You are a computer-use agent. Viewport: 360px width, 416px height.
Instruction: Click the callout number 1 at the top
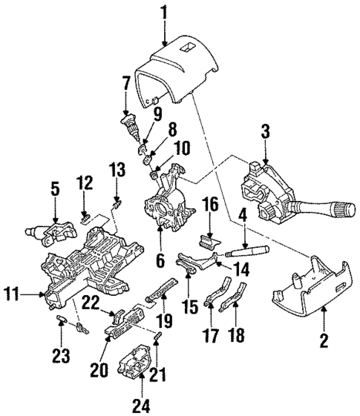click(x=165, y=13)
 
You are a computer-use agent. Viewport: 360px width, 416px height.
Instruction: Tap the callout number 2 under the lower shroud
click(x=324, y=343)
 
